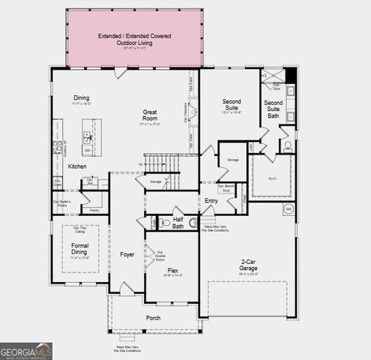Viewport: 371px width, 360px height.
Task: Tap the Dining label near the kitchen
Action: click(81, 97)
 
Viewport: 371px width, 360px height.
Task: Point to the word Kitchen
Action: click(77, 166)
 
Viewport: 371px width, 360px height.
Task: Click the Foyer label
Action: click(127, 254)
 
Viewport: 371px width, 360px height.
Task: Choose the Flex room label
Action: click(172, 270)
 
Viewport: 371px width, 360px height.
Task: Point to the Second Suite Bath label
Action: click(274, 109)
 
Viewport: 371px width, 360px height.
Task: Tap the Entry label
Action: click(211, 200)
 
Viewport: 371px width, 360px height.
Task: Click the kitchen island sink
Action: click(88, 137)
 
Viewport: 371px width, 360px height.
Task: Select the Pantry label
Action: click(94, 211)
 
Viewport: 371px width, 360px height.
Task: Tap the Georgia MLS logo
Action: click(26, 350)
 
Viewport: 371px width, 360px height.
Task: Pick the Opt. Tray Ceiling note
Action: click(79, 230)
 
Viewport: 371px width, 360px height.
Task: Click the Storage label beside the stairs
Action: click(155, 181)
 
